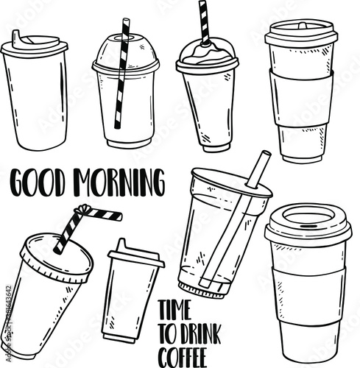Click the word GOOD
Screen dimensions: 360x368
tap(38, 183)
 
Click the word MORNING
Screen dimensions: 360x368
tap(119, 183)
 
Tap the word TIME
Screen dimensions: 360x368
tap(175, 310)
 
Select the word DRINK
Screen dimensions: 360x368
tap(201, 333)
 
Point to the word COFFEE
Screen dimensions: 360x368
tap(182, 358)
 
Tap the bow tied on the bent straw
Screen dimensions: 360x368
tap(82, 210)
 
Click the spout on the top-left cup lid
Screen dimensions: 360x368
tap(17, 39)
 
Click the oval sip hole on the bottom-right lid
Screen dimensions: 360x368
tap(308, 217)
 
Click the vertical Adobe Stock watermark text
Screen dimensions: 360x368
tap(8, 323)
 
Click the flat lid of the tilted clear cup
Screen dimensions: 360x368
tap(232, 183)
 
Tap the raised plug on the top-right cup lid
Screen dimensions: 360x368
tap(303, 26)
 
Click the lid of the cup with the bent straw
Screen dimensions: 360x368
tap(57, 258)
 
